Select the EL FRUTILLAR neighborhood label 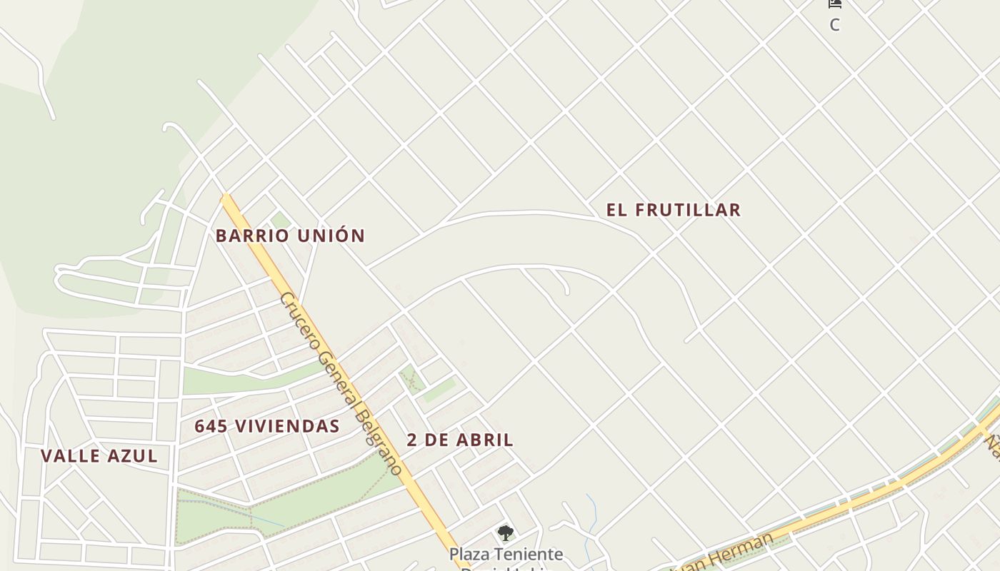coord(674,210)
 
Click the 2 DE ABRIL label coord(460,440)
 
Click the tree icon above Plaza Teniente coord(506,532)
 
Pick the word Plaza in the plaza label coord(469,554)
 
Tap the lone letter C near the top coord(834,25)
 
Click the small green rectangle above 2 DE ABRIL coord(440,390)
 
